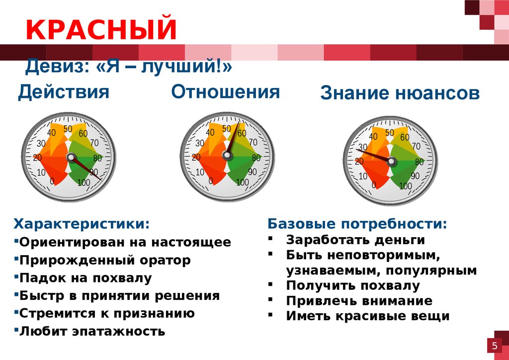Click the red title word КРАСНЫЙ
101,29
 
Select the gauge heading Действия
64,92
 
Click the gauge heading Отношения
225,91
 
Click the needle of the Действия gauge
86,169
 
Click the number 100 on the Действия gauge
84,182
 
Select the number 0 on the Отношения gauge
211,181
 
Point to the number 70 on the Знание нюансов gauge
416,146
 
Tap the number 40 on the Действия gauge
51,133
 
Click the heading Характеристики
82,224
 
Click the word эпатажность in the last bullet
118,332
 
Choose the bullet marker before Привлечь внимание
270,300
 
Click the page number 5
495,346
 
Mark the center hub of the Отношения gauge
227,155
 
